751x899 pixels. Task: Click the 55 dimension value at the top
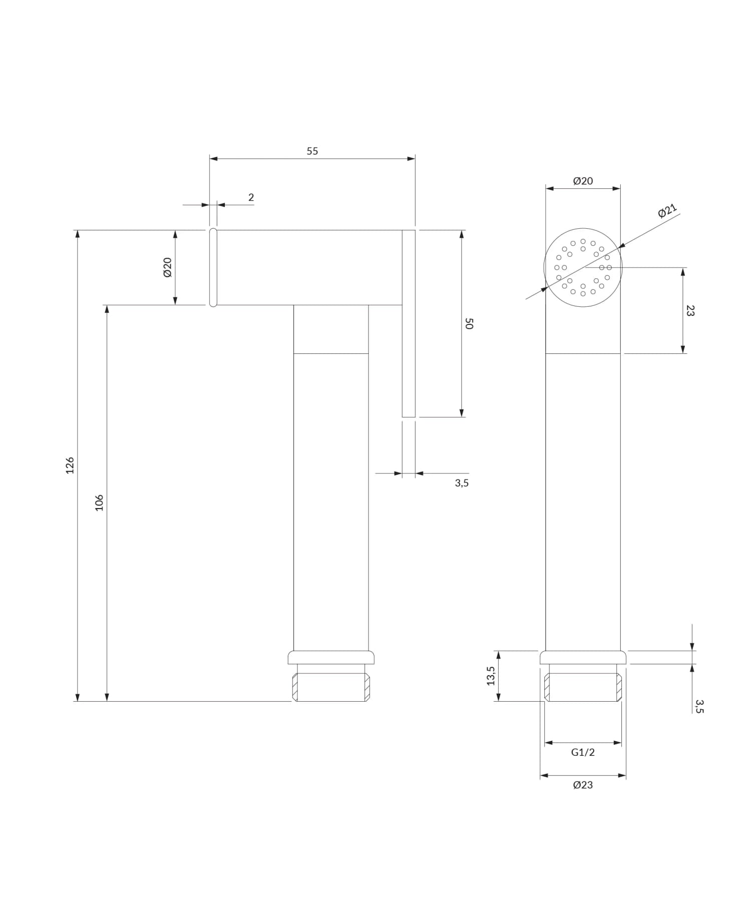(312, 151)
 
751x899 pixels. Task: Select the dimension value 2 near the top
(251, 197)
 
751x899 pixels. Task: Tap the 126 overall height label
(70, 465)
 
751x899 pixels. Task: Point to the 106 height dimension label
(99, 503)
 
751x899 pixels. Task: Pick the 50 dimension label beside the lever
(469, 323)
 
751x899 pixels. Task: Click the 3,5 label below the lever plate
(462, 483)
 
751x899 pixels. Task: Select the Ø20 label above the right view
(583, 181)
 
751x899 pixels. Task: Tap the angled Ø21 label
(667, 211)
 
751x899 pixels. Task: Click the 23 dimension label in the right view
(690, 310)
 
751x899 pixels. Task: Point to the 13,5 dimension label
(491, 676)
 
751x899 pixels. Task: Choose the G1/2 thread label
(583, 752)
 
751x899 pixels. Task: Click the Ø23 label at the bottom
(583, 785)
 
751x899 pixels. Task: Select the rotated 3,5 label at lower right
(699, 706)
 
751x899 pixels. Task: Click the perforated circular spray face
(583, 268)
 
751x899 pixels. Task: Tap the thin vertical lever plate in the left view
(409, 323)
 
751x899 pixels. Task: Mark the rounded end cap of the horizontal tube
(213, 267)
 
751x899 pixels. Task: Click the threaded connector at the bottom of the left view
(331, 687)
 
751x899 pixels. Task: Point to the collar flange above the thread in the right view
(583, 657)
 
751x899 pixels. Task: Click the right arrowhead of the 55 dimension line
(411, 159)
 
